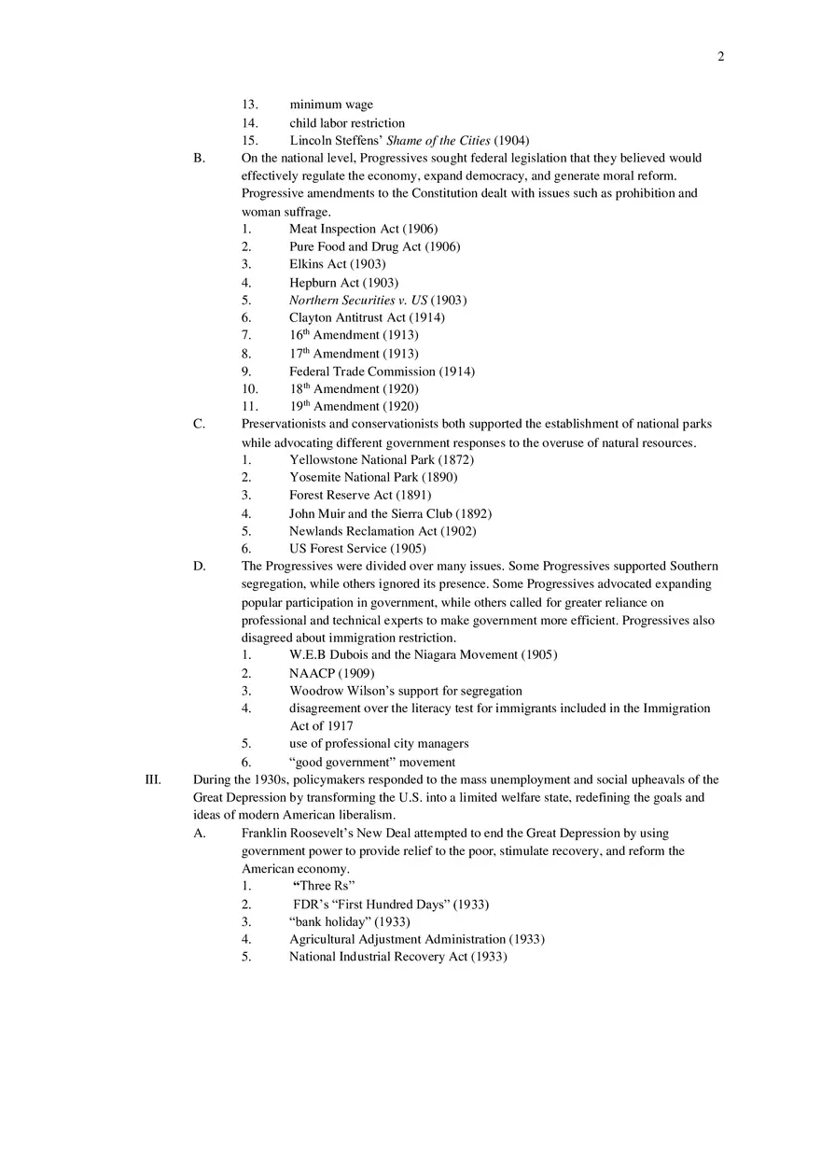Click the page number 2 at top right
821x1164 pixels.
coord(720,57)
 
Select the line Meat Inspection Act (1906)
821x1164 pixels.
coord(362,229)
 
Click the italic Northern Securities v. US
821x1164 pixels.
coord(357,301)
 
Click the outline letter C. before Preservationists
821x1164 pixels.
coord(199,424)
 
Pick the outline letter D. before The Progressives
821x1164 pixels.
coord(199,566)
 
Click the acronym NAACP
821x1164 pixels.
coord(312,673)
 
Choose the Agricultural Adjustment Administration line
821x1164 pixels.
coord(397,939)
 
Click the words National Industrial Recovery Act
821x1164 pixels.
coord(378,957)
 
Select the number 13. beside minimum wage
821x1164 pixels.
coord(249,105)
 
